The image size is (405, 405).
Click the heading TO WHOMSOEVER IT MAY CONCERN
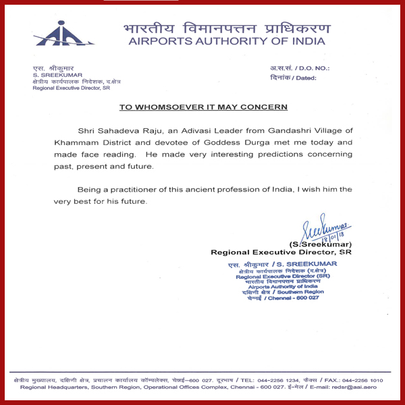[203, 107]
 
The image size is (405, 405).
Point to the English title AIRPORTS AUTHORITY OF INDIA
[226, 42]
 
